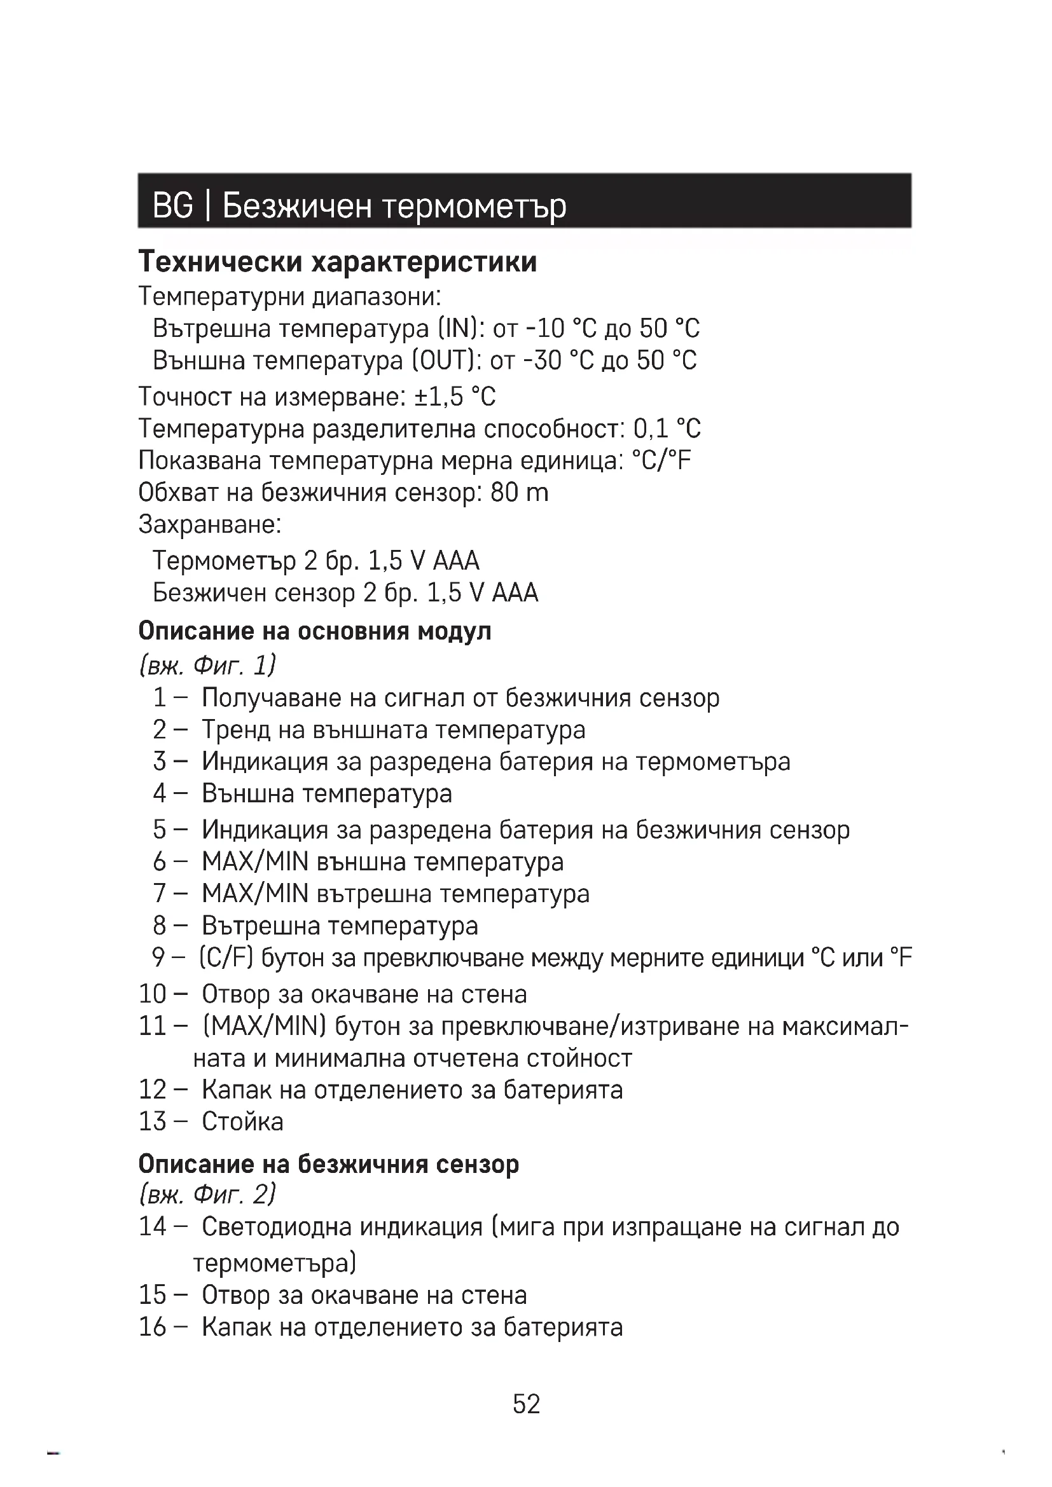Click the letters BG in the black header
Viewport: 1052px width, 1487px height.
[x=172, y=205]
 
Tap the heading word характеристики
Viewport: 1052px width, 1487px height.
[x=424, y=262]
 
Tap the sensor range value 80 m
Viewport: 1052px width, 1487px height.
[x=519, y=492]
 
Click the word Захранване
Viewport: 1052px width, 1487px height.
[x=209, y=524]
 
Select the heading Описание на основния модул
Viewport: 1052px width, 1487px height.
[x=315, y=630]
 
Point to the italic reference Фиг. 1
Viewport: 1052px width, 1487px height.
[x=235, y=665]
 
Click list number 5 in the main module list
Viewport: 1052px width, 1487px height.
[x=160, y=829]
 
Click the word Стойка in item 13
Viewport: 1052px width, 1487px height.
[x=242, y=1121]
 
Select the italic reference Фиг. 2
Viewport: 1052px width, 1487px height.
[x=235, y=1194]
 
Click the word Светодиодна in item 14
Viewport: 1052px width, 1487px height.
[x=277, y=1226]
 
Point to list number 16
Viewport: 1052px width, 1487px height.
[x=153, y=1326]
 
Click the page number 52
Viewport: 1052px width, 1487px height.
[x=526, y=1404]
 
